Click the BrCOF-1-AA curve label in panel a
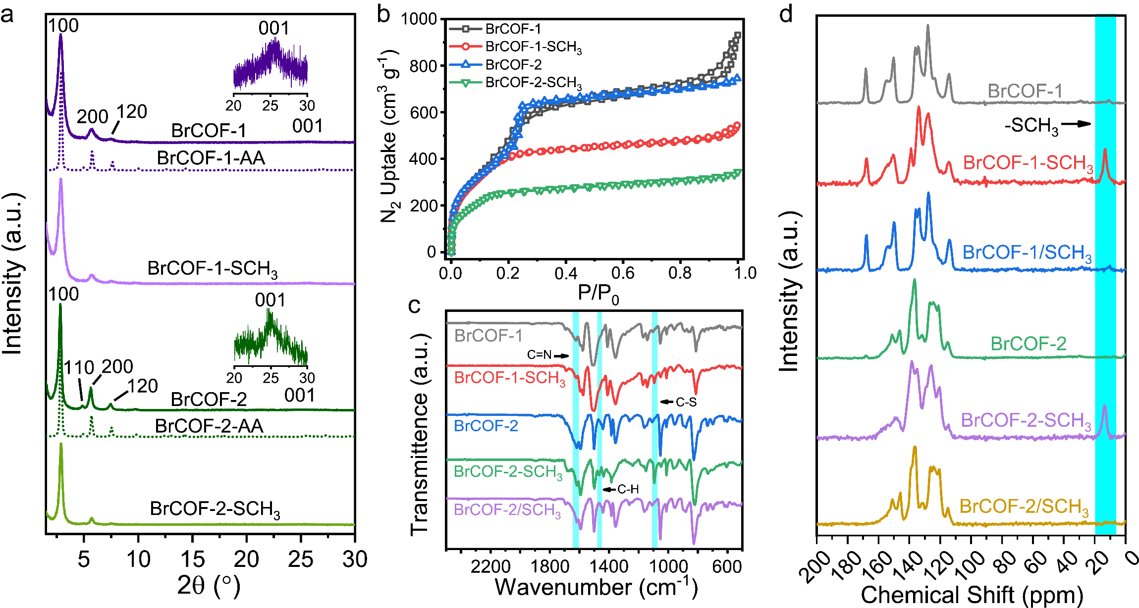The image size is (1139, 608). point(211,158)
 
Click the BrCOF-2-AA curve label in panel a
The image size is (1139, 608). point(209,426)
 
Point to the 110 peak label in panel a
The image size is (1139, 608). point(79,367)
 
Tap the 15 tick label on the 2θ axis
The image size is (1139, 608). point(192,559)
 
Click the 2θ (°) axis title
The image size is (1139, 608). point(209,586)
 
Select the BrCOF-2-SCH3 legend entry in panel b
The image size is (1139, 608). point(533,83)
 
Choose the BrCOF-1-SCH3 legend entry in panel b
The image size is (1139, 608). point(533,47)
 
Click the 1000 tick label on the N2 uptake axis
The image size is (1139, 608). point(419,19)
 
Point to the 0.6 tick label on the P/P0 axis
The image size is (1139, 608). point(623,273)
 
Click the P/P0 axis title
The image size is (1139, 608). point(598,294)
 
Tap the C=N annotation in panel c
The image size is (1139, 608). point(539,355)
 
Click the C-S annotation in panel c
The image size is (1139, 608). point(686,402)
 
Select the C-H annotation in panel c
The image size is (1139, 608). point(628,490)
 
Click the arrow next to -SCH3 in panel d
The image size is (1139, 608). point(1076,124)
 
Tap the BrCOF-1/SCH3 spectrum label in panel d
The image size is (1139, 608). point(1027,253)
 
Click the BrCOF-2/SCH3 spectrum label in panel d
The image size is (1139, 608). point(1024,507)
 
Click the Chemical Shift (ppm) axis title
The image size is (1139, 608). point(972,595)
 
